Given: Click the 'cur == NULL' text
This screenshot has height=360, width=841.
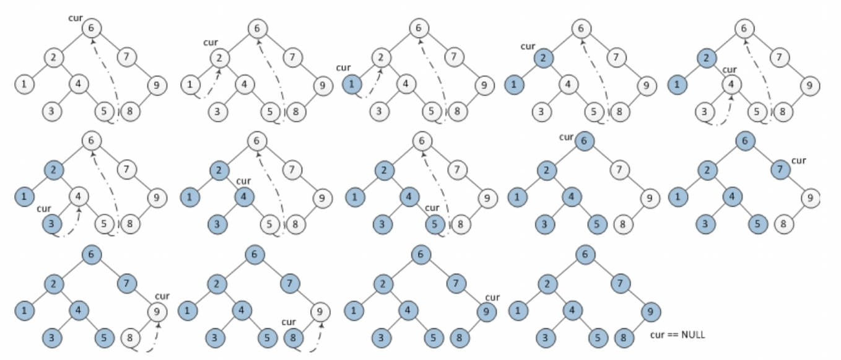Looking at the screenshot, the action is pyautogui.click(x=678, y=335).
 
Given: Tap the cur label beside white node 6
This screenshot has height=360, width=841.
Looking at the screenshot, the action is pyautogui.click(x=76, y=18).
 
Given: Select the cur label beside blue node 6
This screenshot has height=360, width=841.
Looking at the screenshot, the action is pyautogui.click(x=566, y=137).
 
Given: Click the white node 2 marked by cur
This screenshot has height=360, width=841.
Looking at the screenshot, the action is pyautogui.click(x=220, y=58).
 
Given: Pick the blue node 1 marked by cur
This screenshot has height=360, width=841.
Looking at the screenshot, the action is pyautogui.click(x=352, y=84).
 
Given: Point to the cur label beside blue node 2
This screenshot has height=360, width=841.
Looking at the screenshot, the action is pyautogui.click(x=528, y=46).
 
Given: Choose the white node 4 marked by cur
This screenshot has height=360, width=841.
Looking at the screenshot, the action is pyautogui.click(x=731, y=84).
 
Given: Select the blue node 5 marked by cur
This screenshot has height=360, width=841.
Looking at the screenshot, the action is pyautogui.click(x=435, y=224).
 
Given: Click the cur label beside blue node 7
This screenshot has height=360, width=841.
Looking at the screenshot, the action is pyautogui.click(x=799, y=160).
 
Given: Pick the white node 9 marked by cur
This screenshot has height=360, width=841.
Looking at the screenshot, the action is pyautogui.click(x=159, y=312).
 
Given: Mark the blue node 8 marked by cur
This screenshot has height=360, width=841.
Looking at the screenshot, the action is pyautogui.click(x=294, y=338).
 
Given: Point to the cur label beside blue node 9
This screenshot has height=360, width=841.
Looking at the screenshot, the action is pyautogui.click(x=492, y=298).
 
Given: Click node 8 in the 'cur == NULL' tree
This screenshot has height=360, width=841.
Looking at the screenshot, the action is pyautogui.click(x=624, y=338).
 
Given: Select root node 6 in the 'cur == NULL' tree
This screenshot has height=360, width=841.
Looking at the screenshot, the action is pyautogui.click(x=585, y=254).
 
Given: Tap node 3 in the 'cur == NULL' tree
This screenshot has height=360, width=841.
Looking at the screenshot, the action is pyautogui.click(x=544, y=338).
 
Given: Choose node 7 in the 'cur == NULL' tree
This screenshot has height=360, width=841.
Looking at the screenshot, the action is pyautogui.click(x=620, y=284).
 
